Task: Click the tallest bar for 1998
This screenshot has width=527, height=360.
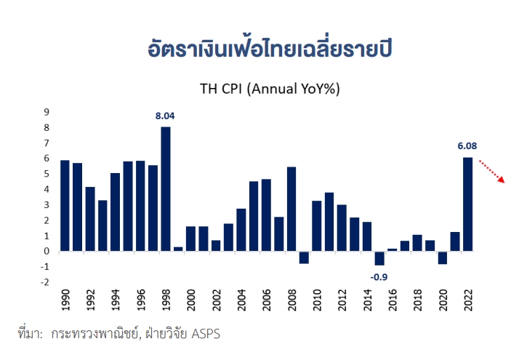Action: point(166,189)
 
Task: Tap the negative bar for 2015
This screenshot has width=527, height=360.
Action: point(379,258)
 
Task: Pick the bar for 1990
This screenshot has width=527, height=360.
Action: point(65,206)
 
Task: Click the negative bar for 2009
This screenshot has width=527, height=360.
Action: point(304,257)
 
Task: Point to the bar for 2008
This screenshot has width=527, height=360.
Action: point(291,209)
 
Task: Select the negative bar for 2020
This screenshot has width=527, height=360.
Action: point(442,257)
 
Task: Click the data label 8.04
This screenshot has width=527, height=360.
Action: point(166,116)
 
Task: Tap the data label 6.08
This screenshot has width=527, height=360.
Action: point(467,145)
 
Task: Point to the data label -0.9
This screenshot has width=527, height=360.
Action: point(379,276)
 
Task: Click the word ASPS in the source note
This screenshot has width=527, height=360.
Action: point(206,335)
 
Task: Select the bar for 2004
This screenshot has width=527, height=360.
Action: point(241,230)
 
